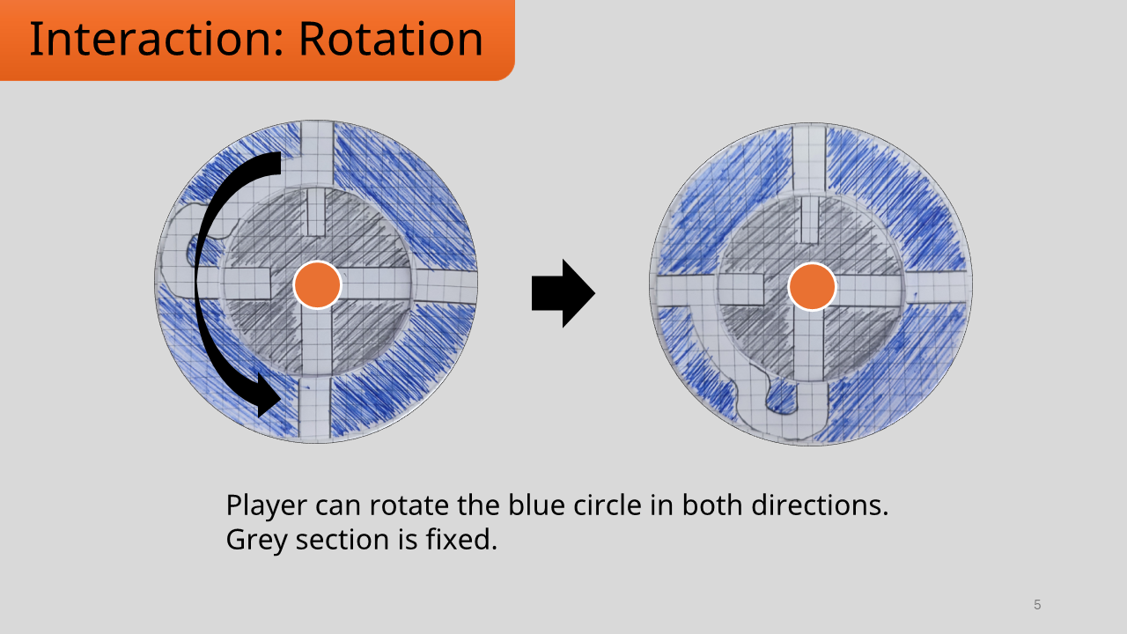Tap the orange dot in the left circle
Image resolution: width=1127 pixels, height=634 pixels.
(x=317, y=285)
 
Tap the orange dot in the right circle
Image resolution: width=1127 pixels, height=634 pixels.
(x=812, y=287)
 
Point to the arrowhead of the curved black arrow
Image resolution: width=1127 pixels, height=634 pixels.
(x=267, y=395)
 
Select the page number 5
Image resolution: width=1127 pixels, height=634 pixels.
(x=1037, y=605)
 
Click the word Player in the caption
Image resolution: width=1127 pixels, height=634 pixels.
(x=267, y=506)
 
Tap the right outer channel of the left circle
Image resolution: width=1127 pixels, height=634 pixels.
(x=446, y=286)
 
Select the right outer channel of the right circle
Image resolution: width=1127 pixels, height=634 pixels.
(x=939, y=288)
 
